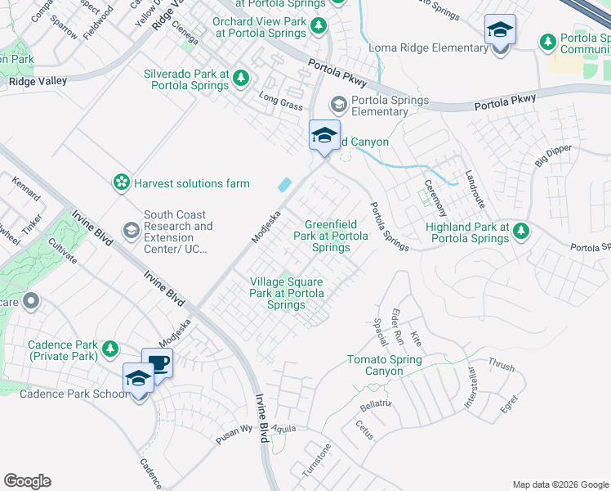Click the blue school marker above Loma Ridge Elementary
coord(500,31)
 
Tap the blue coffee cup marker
coord(157,364)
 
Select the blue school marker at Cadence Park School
coord(139,379)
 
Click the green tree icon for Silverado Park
coord(240,79)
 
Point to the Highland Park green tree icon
coord(520,232)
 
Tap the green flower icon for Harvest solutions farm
coord(122,182)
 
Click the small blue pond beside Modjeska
coord(285,186)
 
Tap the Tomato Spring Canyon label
coord(385,366)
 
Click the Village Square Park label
coord(287,293)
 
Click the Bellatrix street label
coord(377,405)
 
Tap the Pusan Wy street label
coord(235,430)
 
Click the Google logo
coord(28,481)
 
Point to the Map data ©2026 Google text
coord(560,484)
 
